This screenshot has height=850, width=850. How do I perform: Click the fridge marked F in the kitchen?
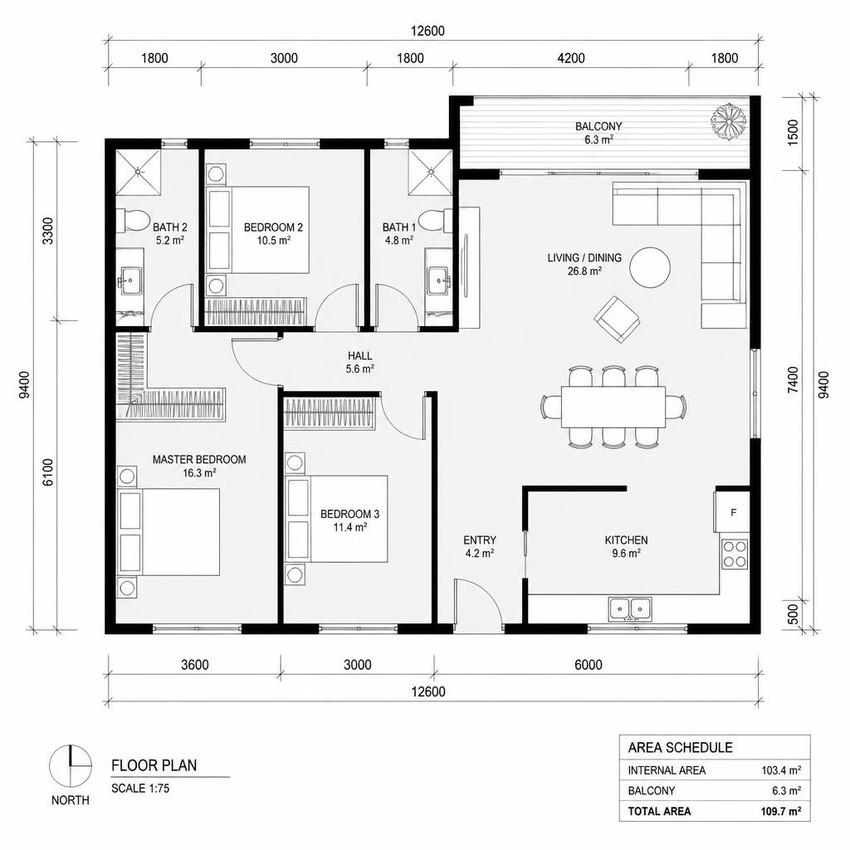pyautogui.click(x=732, y=512)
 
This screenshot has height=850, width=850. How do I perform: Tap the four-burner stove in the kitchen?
pyautogui.click(x=735, y=554)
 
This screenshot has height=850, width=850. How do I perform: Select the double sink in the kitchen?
pyautogui.click(x=630, y=608)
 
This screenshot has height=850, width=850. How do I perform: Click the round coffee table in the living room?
pyautogui.click(x=650, y=267)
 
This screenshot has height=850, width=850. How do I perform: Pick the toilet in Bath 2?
pyautogui.click(x=134, y=220)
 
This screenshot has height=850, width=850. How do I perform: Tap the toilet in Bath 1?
pyautogui.click(x=437, y=220)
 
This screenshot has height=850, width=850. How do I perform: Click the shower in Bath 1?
pyautogui.click(x=431, y=172)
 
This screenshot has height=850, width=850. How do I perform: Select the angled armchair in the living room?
pyautogui.click(x=617, y=319)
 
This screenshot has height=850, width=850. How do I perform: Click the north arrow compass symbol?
pyautogui.click(x=71, y=766)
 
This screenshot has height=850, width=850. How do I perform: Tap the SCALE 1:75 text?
pyautogui.click(x=140, y=789)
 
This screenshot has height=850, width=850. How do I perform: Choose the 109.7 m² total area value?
pyautogui.click(x=780, y=812)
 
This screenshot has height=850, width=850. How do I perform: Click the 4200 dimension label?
pyautogui.click(x=571, y=58)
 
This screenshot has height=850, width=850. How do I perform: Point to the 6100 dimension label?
pyautogui.click(x=48, y=472)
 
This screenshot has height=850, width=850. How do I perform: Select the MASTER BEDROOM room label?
pyautogui.click(x=199, y=460)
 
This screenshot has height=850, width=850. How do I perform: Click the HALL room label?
pyautogui.click(x=360, y=356)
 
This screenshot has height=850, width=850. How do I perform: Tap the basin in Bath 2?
pyautogui.click(x=130, y=281)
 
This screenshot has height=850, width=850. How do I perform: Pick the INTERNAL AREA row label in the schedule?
pyautogui.click(x=667, y=770)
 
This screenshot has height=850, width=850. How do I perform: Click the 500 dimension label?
pyautogui.click(x=793, y=614)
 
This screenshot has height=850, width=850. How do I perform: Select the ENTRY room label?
pyautogui.click(x=480, y=540)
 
